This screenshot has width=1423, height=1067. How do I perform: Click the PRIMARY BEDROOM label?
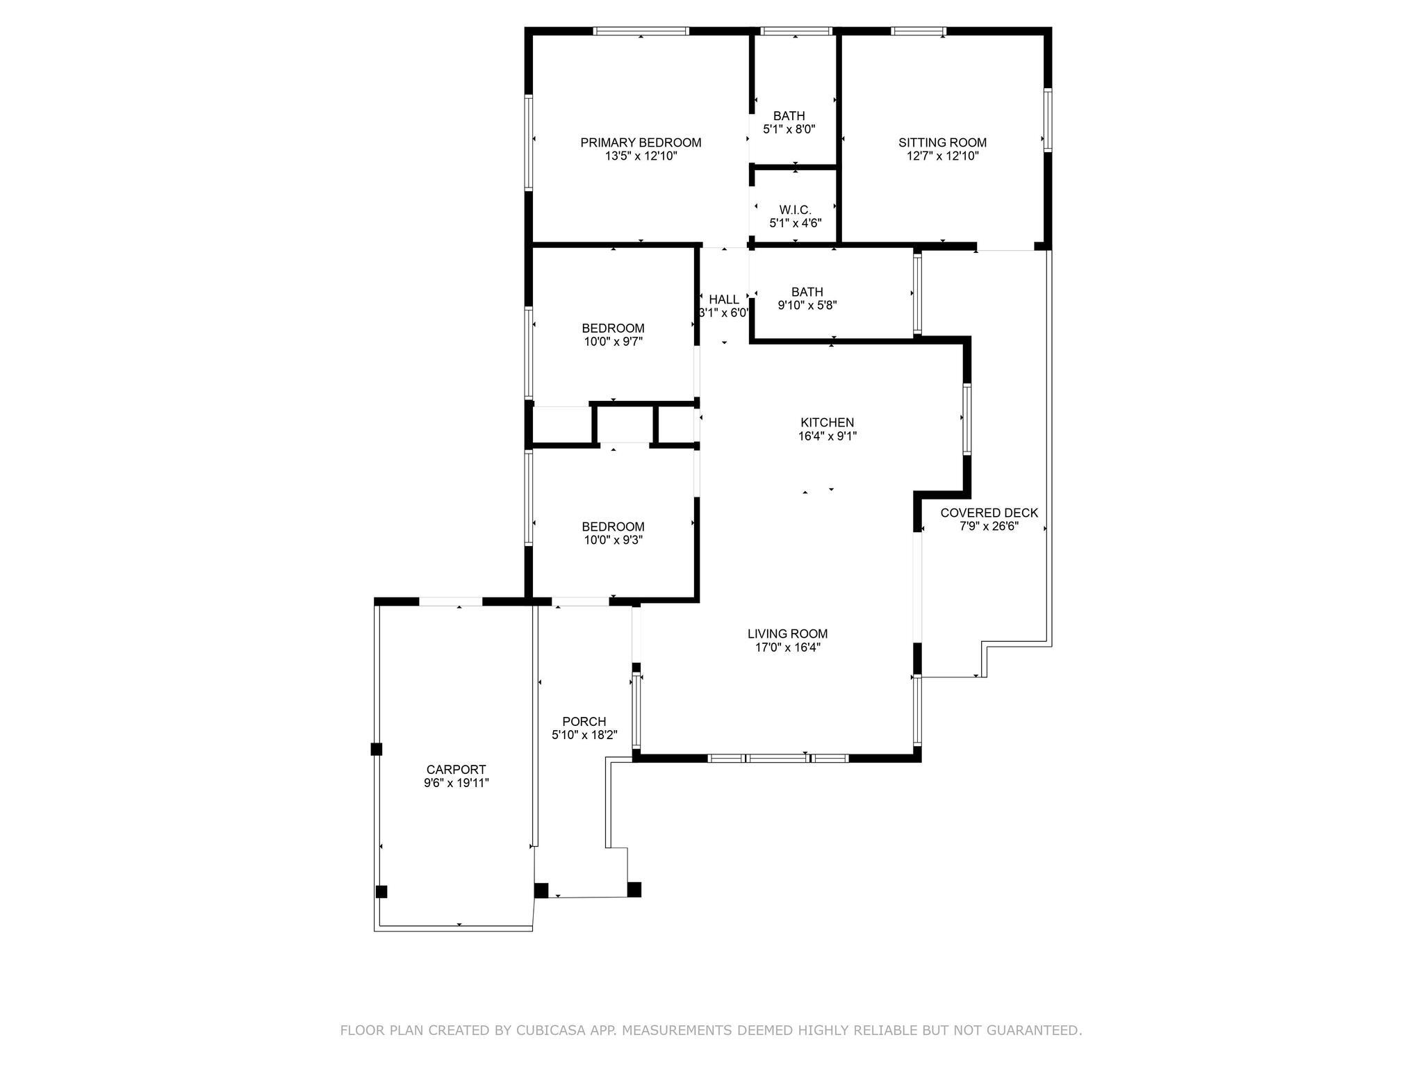pyautogui.click(x=641, y=142)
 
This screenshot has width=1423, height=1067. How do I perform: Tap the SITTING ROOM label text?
pyautogui.click(x=942, y=142)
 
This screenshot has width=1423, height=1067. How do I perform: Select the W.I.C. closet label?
pyautogui.click(x=795, y=210)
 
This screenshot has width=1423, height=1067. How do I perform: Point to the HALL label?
pyautogui.click(x=724, y=299)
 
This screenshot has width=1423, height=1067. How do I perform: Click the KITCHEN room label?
pyautogui.click(x=827, y=422)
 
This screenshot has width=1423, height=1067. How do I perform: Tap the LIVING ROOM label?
pyautogui.click(x=787, y=634)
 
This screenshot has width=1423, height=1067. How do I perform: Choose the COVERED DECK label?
pyautogui.click(x=989, y=513)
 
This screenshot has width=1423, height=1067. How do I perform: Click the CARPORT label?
pyautogui.click(x=456, y=770)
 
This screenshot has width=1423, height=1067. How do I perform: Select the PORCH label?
pyautogui.click(x=584, y=722)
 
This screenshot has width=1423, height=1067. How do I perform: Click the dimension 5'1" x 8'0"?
pyautogui.click(x=789, y=129)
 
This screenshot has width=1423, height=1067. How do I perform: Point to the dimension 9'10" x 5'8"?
pyautogui.click(x=807, y=305)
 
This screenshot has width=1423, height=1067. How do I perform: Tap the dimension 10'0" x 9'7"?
pyautogui.click(x=613, y=342)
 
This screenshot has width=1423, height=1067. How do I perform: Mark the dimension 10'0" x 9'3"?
pyautogui.click(x=613, y=540)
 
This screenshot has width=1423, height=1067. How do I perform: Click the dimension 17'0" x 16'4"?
pyautogui.click(x=787, y=647)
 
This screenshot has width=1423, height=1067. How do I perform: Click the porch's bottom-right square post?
pyautogui.click(x=634, y=889)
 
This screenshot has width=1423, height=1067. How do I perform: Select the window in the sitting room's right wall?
pyautogui.click(x=1048, y=119)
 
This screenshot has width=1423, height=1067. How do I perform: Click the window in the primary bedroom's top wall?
pyautogui.click(x=641, y=31)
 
